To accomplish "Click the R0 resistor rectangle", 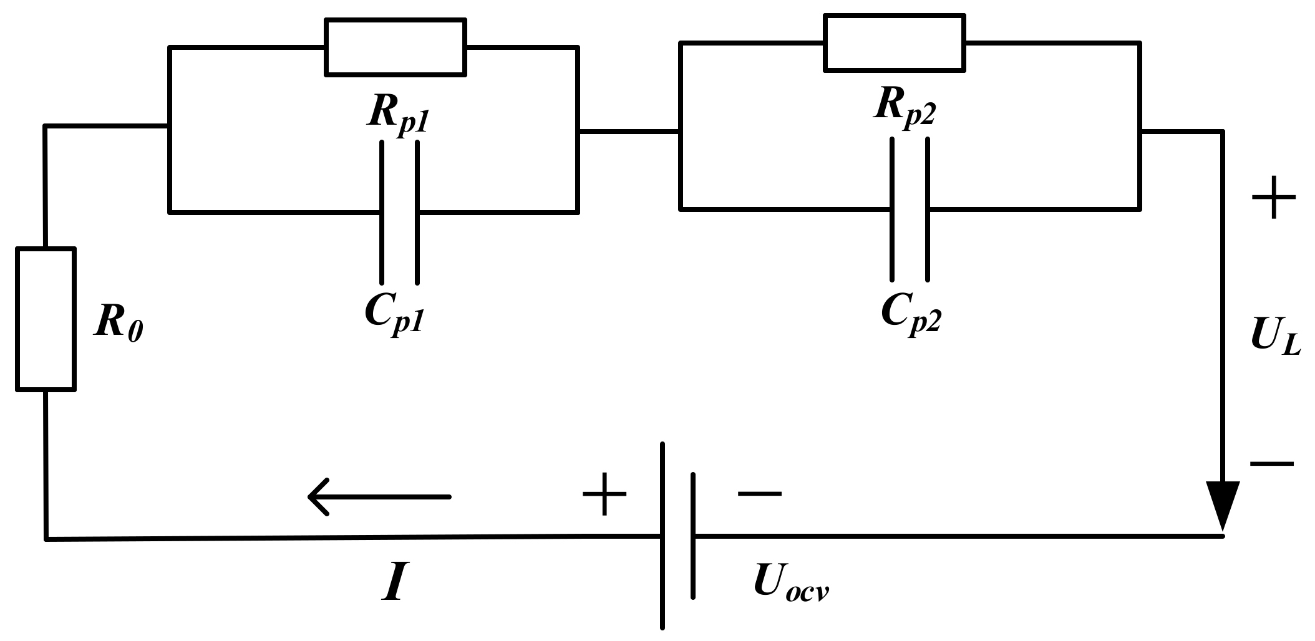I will [x=46, y=319].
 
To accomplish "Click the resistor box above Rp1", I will [x=395, y=47].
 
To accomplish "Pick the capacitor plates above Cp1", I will [x=399, y=212].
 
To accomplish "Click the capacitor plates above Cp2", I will [x=910, y=209].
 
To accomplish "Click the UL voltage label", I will [x=1275, y=340].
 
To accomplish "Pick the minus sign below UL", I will [x=1271, y=463].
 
